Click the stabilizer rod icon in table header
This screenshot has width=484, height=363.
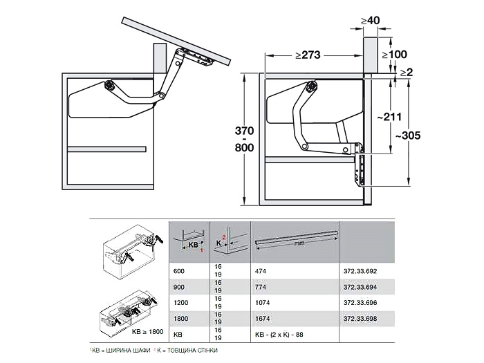tap(297, 240)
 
